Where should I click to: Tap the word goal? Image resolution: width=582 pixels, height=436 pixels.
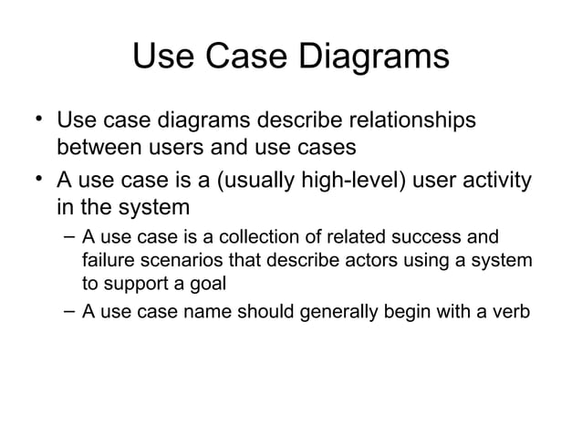click(x=202, y=284)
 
